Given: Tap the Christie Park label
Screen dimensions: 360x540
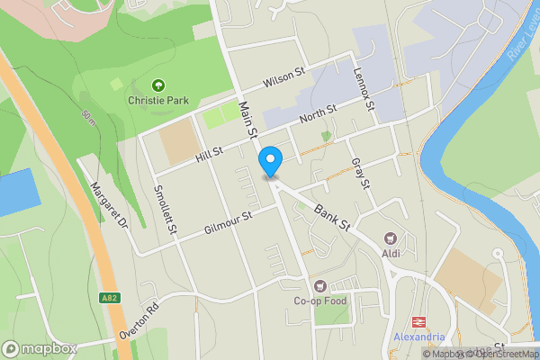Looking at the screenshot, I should (158, 101).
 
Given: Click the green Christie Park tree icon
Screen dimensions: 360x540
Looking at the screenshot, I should (158, 85).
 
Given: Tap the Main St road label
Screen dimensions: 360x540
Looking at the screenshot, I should (247, 120).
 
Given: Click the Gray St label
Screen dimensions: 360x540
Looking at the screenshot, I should (362, 172).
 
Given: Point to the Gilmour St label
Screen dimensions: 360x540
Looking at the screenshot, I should (227, 221).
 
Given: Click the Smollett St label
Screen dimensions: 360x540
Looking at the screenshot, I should (165, 210).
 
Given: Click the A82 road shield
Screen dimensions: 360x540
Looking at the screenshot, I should (109, 297).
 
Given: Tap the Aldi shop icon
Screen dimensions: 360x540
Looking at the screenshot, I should (391, 238).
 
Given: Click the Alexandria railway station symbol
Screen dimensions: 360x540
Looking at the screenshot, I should (419, 321).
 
